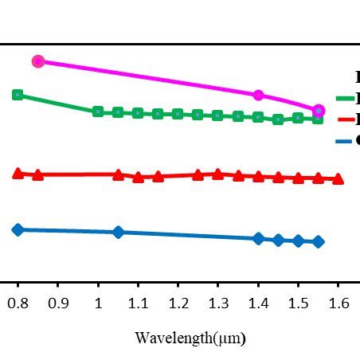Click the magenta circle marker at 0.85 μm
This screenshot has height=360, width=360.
click(37, 61)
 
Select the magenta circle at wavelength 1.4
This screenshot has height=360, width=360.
click(258, 95)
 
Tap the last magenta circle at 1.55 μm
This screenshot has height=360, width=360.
click(319, 110)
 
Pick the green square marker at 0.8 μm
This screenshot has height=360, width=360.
click(18, 95)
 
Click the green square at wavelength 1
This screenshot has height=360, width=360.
click(98, 112)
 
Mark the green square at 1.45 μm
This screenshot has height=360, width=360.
click(278, 119)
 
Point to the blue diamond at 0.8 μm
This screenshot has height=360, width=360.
click(18, 229)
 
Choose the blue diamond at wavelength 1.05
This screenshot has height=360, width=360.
click(118, 232)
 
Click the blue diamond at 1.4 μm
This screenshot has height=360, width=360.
click(258, 238)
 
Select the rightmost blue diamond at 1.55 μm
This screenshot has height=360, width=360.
click(319, 241)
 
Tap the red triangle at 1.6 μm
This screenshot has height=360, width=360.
click(338, 179)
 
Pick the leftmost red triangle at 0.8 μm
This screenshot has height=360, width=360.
click(18, 173)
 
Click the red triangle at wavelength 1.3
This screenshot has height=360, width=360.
click(218, 174)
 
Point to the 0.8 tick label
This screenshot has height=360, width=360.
click(18, 304)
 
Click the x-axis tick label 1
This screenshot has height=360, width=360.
click(98, 304)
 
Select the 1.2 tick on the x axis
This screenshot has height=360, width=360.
click(178, 304)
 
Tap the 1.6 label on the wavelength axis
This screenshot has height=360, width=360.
click(338, 304)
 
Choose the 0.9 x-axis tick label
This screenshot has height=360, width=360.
click(57, 304)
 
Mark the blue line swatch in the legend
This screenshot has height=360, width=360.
click(346, 141)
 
